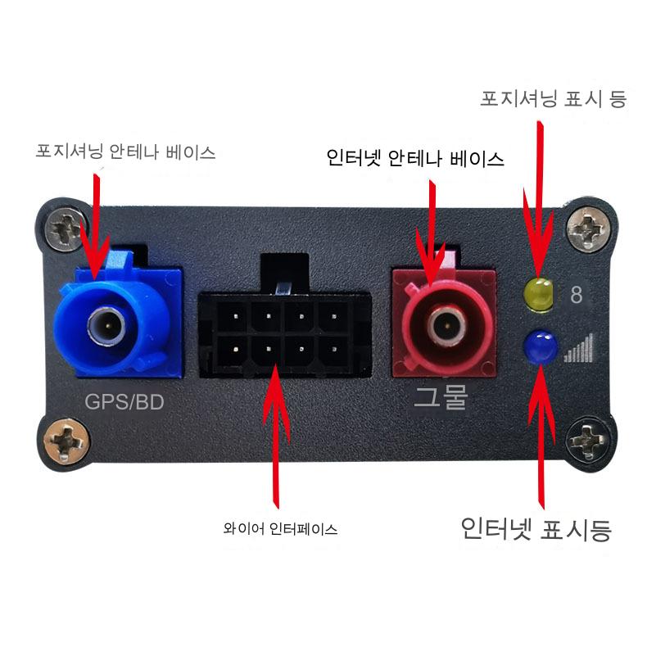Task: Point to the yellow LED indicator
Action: [x=538, y=294]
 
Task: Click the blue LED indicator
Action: [x=540, y=346]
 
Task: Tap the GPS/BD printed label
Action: [x=124, y=402]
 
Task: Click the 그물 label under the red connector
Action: [x=441, y=397]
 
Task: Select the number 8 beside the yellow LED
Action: [x=576, y=295]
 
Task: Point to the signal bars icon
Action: [x=579, y=348]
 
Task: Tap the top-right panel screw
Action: [x=588, y=229]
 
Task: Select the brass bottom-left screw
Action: [x=66, y=441]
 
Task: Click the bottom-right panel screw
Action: [x=586, y=441]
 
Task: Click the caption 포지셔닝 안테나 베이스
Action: [x=126, y=152]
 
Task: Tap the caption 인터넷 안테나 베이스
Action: [x=415, y=158]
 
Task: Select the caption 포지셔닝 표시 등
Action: [x=554, y=99]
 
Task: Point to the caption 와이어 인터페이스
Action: [x=280, y=528]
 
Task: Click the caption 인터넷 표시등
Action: [x=536, y=529]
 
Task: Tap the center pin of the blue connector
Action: [x=108, y=326]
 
